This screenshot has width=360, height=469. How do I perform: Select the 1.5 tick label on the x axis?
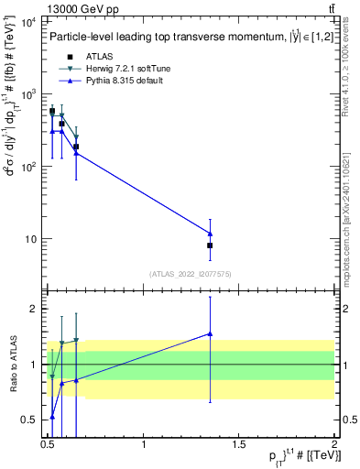click(239, 444)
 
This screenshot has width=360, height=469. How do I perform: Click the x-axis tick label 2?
click(334, 444)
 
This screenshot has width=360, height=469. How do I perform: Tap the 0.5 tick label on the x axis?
click(49, 444)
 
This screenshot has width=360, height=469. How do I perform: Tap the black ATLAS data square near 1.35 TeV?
click(210, 245)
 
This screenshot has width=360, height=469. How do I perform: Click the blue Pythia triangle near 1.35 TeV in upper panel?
click(210, 234)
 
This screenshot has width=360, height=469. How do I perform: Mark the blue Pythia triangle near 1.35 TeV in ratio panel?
click(210, 334)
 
